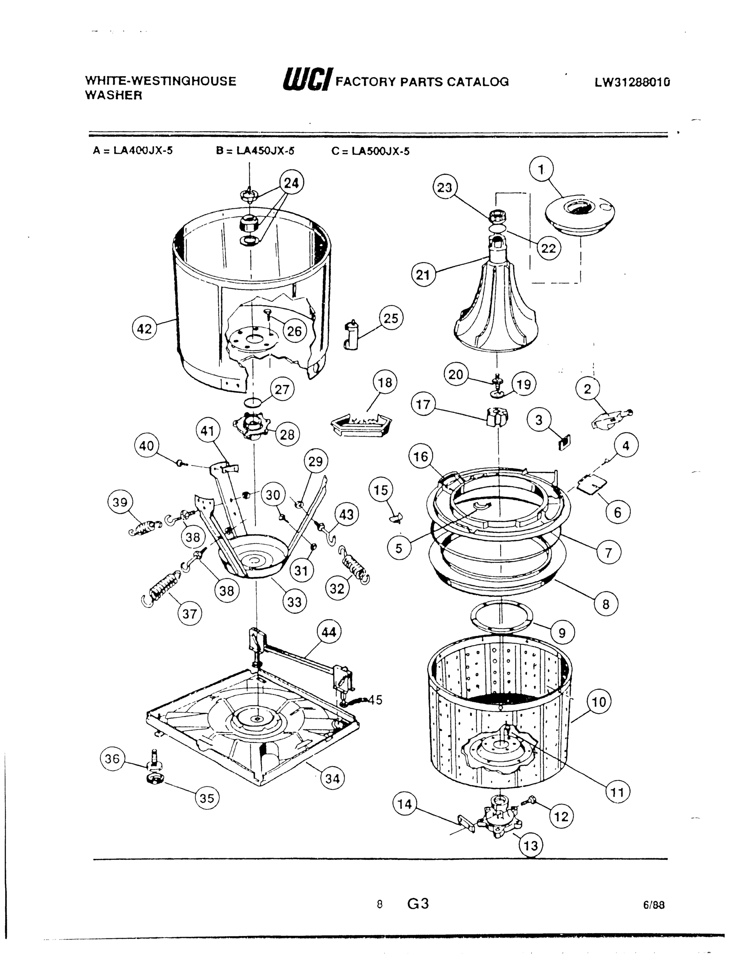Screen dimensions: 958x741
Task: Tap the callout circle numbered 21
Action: pos(423,275)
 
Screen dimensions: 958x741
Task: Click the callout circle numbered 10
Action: pos(599,702)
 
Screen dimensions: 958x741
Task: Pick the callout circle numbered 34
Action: pos(332,779)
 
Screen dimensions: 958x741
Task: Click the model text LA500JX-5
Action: pos(381,152)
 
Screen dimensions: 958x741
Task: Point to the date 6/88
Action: pos(654,905)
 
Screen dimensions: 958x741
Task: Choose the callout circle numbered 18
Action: pos(385,382)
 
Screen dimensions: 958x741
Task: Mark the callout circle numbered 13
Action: pos(531,845)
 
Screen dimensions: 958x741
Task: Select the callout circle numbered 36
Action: pos(112,758)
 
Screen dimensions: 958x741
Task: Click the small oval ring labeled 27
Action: pos(253,402)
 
